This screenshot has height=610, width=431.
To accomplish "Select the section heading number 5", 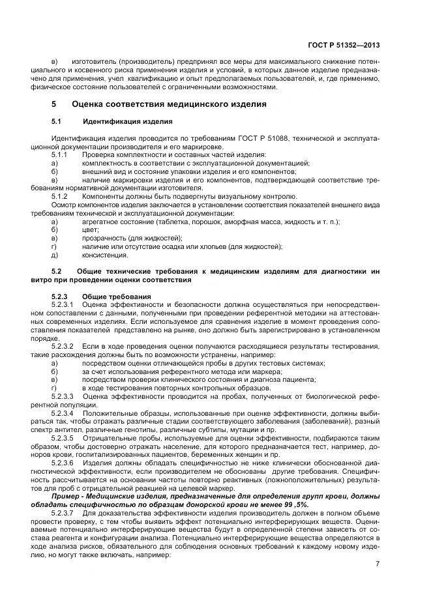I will pyautogui.click(x=54, y=104).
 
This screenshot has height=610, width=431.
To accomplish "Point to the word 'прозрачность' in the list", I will pyautogui.click(x=102, y=238).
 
